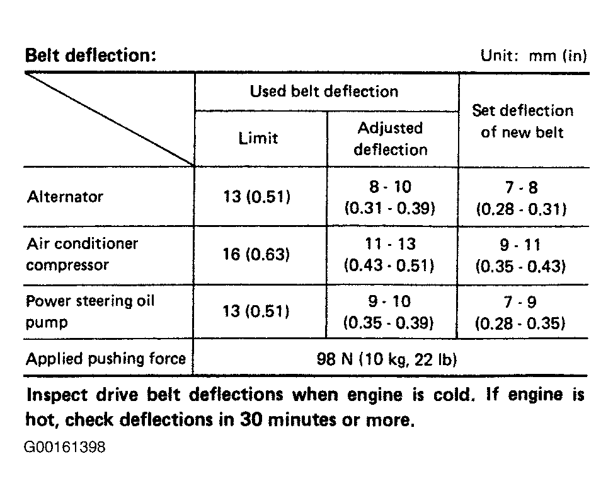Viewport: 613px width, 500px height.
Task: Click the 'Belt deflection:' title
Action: pyautogui.click(x=89, y=55)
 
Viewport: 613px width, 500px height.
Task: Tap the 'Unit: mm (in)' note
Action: pyautogui.click(x=534, y=55)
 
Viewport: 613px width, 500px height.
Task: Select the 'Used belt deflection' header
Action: pyautogui.click(x=324, y=91)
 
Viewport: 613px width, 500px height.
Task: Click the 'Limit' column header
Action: pyautogui.click(x=258, y=138)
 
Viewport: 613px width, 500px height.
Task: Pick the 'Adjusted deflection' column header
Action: pyautogui.click(x=390, y=139)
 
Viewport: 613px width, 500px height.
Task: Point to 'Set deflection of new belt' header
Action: pyautogui.click(x=522, y=121)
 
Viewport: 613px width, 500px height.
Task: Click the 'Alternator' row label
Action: pyautogui.click(x=65, y=197)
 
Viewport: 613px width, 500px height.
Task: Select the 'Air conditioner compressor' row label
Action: pyautogui.click(x=82, y=254)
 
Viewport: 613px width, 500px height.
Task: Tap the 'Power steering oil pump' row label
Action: pyautogui.click(x=90, y=311)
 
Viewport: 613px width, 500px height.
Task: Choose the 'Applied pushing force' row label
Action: pyautogui.click(x=106, y=359)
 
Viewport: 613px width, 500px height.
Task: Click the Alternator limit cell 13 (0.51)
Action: pyautogui.click(x=257, y=197)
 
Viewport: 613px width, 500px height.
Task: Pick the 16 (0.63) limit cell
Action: pyautogui.click(x=257, y=254)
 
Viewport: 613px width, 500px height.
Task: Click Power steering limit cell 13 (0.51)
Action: pyautogui.click(x=257, y=311)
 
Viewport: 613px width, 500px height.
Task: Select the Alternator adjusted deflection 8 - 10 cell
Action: pyautogui.click(x=390, y=197)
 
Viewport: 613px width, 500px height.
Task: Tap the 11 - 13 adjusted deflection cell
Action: pyautogui.click(x=389, y=254)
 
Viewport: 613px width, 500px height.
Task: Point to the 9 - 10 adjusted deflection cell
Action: pyautogui.click(x=389, y=311)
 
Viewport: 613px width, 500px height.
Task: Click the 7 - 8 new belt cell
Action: pyautogui.click(x=521, y=197)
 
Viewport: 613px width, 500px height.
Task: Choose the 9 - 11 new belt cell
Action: pyautogui.click(x=521, y=254)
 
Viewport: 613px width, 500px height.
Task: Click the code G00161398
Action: pyautogui.click(x=65, y=448)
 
